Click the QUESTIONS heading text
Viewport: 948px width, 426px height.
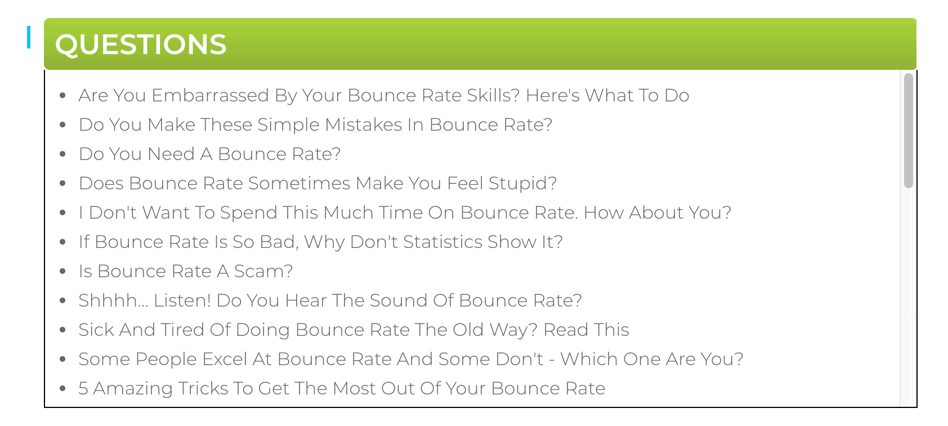click(x=141, y=45)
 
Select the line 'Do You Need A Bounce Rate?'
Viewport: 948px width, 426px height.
click(x=209, y=154)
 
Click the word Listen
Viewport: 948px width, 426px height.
click(x=181, y=301)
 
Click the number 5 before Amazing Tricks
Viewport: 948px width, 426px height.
click(x=83, y=389)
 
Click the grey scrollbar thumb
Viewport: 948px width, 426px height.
click(x=908, y=131)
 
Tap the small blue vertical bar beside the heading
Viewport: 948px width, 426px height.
click(x=29, y=37)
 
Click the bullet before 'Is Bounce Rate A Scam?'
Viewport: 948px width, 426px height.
click(x=62, y=272)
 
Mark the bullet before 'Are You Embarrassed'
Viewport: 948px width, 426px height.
click(x=62, y=96)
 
